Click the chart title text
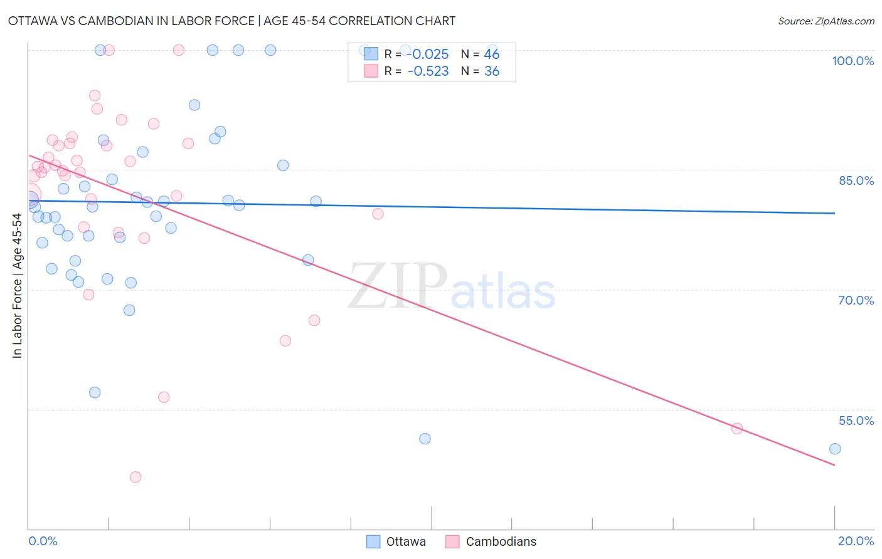[231, 21]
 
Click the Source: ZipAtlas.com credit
[826, 21]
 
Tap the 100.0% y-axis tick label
[853, 61]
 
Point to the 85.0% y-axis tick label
[856, 180]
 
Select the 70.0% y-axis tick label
[856, 300]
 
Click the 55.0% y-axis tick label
[856, 421]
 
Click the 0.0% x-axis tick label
[43, 541]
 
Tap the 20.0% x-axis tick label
[856, 541]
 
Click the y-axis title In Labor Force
[17, 286]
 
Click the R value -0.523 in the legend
[428, 71]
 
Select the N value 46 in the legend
[492, 55]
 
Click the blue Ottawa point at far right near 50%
[835, 449]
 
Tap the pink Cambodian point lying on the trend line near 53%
[737, 429]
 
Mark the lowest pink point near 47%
[135, 477]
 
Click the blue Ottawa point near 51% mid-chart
[425, 439]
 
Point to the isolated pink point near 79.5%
[378, 214]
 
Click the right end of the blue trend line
[834, 213]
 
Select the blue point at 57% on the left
[95, 392]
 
